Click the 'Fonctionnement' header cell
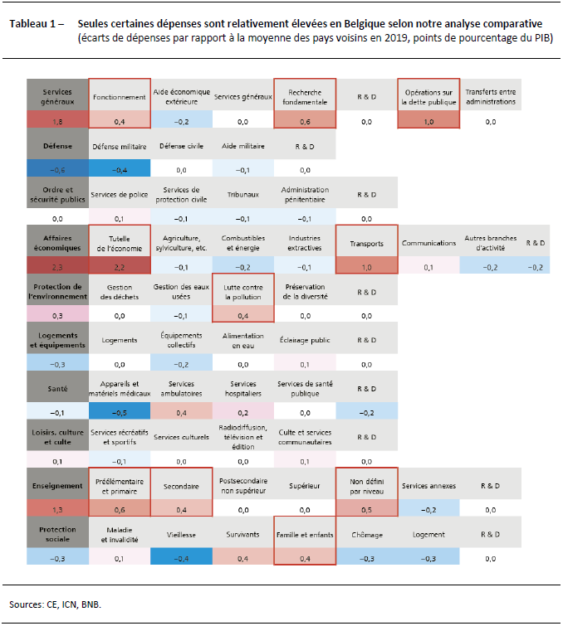click(x=119, y=96)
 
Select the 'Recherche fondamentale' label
click(x=304, y=96)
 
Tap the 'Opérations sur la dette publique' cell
click(x=428, y=96)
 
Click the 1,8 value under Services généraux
click(x=57, y=121)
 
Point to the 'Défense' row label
click(x=57, y=145)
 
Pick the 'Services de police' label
click(x=119, y=194)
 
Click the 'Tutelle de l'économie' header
click(x=119, y=242)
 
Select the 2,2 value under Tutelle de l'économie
click(x=119, y=267)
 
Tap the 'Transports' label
click(x=366, y=243)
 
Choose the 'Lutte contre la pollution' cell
click(x=242, y=291)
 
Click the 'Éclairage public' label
click(x=304, y=340)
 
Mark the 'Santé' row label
click(x=57, y=389)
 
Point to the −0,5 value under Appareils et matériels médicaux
click(x=119, y=413)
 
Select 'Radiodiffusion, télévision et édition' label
click(x=242, y=437)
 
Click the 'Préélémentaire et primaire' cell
click(x=119, y=486)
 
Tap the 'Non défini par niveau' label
click(x=366, y=486)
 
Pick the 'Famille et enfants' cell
click(x=304, y=535)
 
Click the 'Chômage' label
click(x=366, y=535)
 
